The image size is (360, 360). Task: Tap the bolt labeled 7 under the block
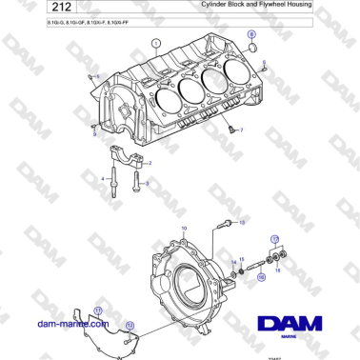(230, 126)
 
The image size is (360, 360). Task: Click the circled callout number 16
(261, 278)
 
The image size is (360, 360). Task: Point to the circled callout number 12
(130, 326)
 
